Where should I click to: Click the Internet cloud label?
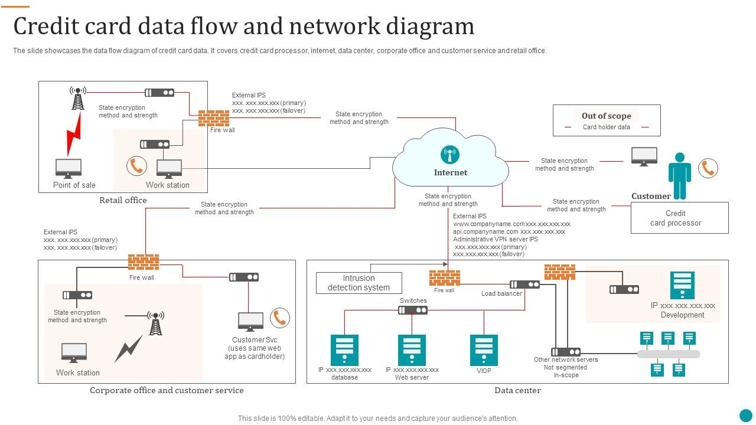click(450, 172)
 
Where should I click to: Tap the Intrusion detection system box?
click(359, 283)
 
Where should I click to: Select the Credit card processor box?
click(679, 218)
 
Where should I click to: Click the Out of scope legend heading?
click(606, 116)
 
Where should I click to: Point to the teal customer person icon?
click(679, 176)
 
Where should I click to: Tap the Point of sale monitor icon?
click(69, 168)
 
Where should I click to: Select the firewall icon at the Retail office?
click(213, 118)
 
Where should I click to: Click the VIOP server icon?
click(484, 350)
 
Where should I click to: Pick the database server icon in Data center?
click(344, 350)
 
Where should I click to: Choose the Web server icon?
click(412, 350)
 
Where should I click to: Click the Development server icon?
click(682, 286)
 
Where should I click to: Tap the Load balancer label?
click(501, 293)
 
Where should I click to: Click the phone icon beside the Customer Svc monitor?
click(280, 318)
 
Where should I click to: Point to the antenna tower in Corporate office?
click(155, 323)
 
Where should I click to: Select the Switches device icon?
click(413, 310)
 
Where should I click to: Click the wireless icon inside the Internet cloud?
click(450, 155)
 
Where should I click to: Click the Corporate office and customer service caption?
click(167, 390)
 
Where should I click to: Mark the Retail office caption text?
click(123, 200)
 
